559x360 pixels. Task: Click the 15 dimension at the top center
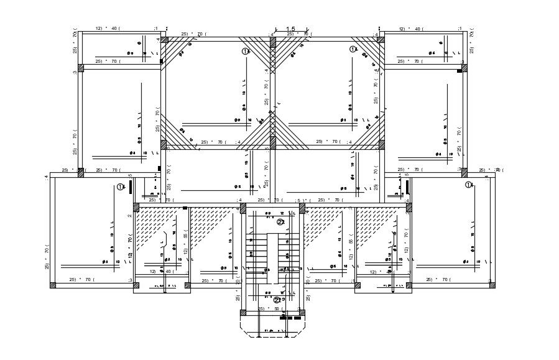pos(290,29)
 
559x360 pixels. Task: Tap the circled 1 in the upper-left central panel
pos(245,51)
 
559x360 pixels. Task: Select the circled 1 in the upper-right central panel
pos(353,48)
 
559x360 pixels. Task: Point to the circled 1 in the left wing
pos(120,187)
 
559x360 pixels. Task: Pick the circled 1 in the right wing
pos(468,185)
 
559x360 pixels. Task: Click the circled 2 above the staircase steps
pos(280,222)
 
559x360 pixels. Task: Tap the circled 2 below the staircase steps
pos(277,300)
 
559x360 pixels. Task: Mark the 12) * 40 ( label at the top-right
pos(411,29)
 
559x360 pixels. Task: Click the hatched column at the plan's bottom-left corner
pos(53,285)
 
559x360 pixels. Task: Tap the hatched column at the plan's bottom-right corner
pos(492,285)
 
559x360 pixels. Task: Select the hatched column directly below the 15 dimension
pos(272,42)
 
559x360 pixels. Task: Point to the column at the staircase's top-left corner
pos(243,208)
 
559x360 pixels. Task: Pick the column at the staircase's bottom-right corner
pos(302,313)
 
